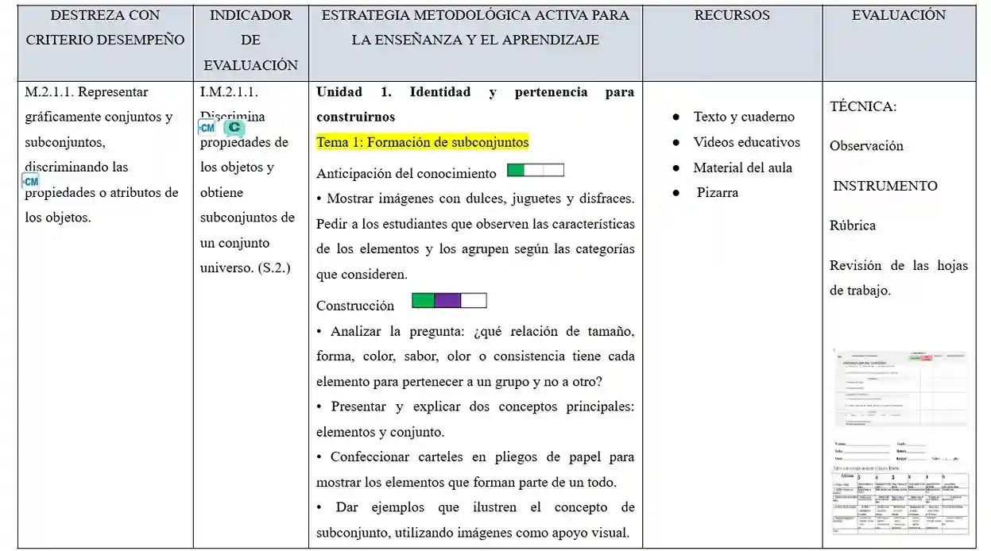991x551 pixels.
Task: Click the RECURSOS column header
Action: (731, 15)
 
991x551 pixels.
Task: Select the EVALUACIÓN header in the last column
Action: (899, 15)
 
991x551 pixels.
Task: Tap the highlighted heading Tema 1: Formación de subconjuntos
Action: (422, 142)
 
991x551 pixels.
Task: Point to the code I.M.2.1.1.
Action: (229, 92)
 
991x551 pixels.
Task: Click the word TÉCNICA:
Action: (863, 106)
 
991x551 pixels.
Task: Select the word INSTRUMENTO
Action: (885, 186)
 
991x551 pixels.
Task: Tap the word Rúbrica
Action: (852, 225)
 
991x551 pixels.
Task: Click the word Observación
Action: (866, 146)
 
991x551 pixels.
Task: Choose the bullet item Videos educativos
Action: (746, 142)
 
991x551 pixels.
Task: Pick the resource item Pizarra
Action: (717, 192)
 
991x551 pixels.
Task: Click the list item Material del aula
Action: (742, 168)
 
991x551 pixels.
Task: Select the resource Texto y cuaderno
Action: (743, 117)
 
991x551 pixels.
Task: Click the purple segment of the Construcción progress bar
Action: (447, 301)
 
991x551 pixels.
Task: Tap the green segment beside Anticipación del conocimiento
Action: (516, 170)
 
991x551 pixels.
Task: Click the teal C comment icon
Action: (234, 128)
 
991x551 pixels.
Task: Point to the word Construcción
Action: (354, 306)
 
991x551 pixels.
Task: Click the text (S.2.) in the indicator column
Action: (274, 268)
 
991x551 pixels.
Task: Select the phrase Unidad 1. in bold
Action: (354, 92)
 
